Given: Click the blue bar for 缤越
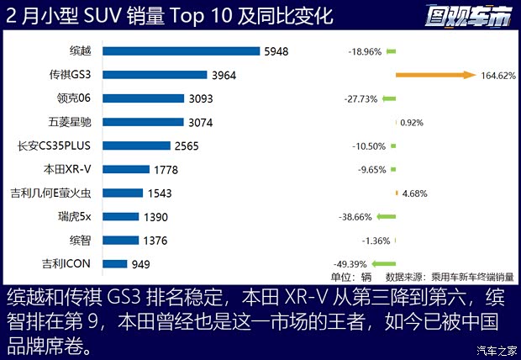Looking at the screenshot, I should (182, 51).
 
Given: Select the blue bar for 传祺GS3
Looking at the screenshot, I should (155, 75).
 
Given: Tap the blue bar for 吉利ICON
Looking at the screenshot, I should (114, 264).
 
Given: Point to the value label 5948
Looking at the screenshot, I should (276, 51).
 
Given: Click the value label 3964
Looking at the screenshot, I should (224, 75).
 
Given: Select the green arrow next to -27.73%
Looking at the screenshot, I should (388, 98).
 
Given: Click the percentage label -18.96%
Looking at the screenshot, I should (366, 51).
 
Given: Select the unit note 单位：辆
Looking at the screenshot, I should (350, 277).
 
